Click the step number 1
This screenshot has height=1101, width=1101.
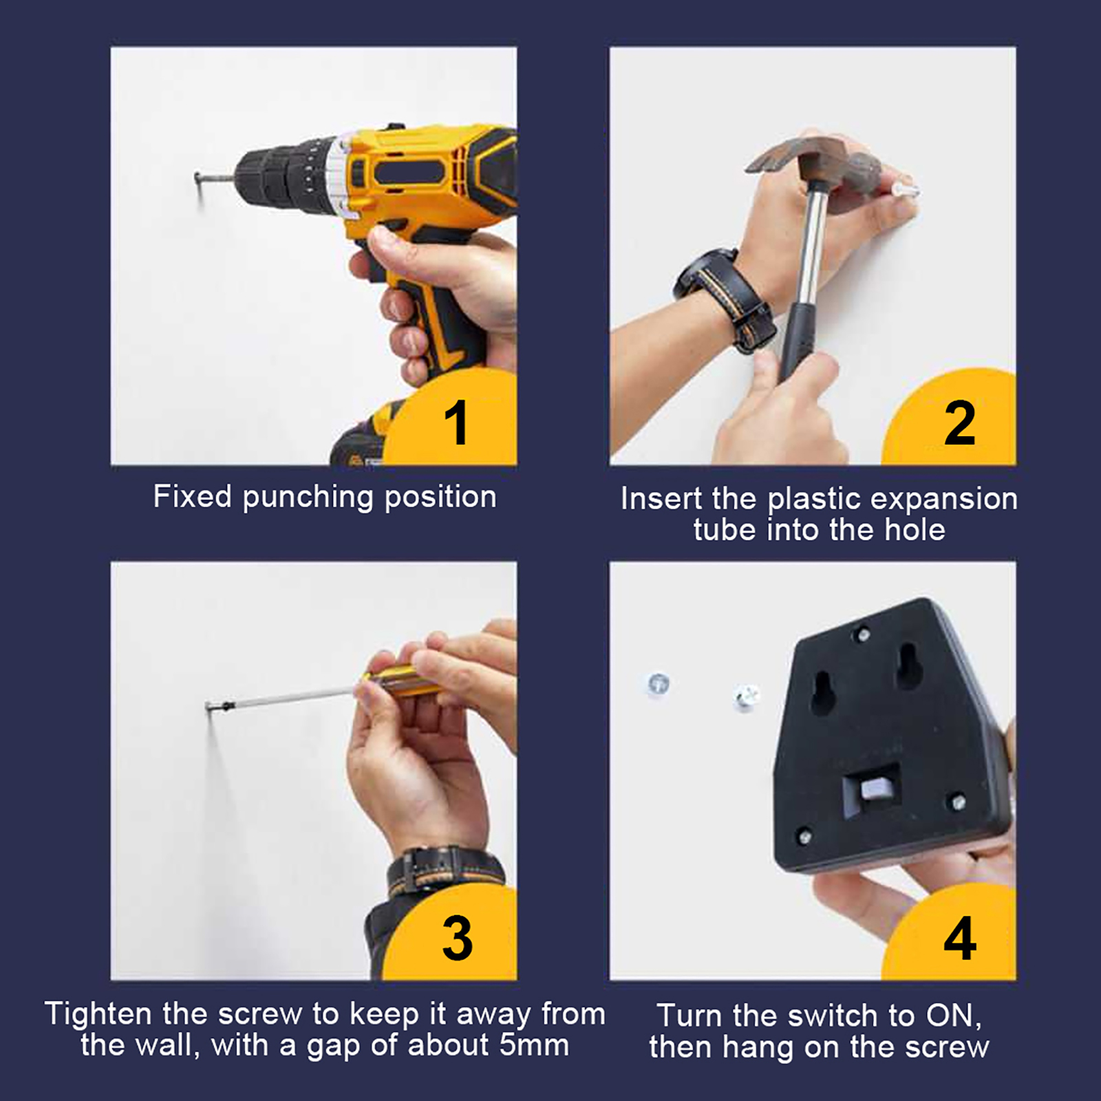456,422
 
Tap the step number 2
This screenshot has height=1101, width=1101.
960,422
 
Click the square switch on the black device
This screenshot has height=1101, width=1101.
871,789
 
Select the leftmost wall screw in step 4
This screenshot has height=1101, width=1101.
659,683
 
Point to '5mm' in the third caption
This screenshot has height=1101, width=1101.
534,1045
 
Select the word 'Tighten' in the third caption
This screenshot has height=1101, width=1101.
99,1014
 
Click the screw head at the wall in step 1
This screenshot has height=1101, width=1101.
199,180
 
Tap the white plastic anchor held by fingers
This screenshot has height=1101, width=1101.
904,187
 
